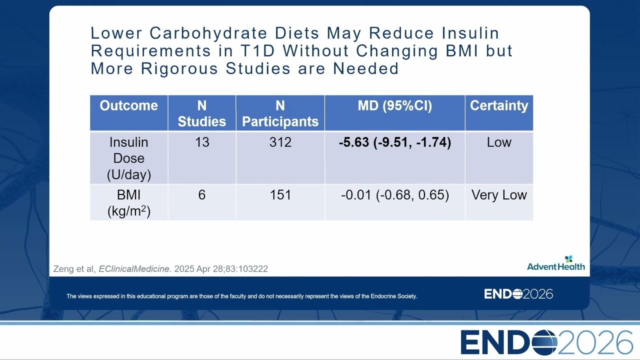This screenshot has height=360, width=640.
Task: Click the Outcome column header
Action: (x=128, y=105)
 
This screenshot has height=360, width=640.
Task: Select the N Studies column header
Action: (x=201, y=113)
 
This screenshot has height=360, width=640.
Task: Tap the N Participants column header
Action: (x=280, y=113)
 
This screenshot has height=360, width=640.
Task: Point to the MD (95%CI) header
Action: (x=395, y=105)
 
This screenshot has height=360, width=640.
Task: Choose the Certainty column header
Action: (x=499, y=106)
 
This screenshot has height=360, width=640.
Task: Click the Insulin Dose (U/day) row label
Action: (x=129, y=158)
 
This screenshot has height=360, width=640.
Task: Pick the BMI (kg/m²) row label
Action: (x=129, y=203)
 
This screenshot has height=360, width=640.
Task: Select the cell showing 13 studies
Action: (x=202, y=142)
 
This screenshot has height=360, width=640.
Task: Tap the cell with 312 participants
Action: (x=280, y=142)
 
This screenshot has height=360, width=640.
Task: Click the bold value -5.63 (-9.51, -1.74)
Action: (x=395, y=142)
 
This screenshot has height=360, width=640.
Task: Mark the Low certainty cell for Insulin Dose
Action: (x=499, y=142)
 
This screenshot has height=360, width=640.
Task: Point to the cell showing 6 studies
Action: (x=201, y=195)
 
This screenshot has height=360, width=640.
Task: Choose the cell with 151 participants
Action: (x=280, y=195)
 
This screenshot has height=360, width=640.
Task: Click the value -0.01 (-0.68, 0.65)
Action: (x=395, y=195)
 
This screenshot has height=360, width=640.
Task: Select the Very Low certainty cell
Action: (x=499, y=195)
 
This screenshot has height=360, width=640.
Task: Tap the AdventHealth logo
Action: (x=555, y=263)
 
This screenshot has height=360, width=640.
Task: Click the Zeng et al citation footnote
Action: (x=160, y=269)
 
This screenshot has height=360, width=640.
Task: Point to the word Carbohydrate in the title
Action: (x=208, y=33)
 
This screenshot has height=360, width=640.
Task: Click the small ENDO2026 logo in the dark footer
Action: (x=518, y=294)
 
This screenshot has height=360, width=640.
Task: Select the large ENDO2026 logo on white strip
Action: (x=547, y=342)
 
